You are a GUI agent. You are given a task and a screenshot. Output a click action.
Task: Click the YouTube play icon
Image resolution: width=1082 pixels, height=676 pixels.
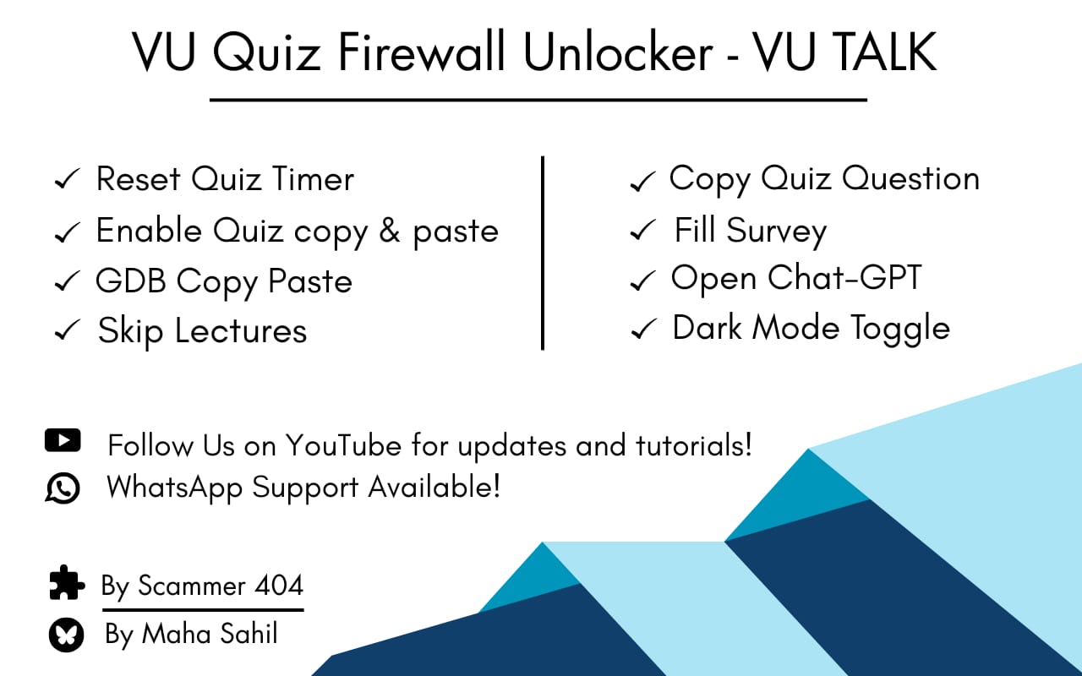[63, 440]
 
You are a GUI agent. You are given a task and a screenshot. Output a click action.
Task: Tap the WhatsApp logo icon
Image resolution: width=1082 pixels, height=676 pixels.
[63, 488]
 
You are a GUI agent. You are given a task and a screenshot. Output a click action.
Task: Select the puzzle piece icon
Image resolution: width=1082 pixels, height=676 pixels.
[67, 583]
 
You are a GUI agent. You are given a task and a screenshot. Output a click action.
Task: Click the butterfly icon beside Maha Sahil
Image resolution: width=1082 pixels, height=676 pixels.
[66, 635]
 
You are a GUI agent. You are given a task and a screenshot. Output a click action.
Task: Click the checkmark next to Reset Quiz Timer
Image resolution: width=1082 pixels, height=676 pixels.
[67, 180]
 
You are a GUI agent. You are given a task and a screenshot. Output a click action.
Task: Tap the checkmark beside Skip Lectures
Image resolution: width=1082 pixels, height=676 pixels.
[67, 331]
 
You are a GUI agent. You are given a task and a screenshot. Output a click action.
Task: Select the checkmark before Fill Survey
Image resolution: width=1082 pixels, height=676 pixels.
[643, 231]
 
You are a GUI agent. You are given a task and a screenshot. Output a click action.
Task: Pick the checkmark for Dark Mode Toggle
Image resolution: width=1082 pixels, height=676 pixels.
[644, 330]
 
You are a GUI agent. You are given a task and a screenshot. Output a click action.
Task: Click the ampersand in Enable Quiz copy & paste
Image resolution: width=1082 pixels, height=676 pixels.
[389, 231]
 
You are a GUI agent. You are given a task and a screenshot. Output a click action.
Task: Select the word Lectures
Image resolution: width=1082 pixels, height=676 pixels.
[241, 330]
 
